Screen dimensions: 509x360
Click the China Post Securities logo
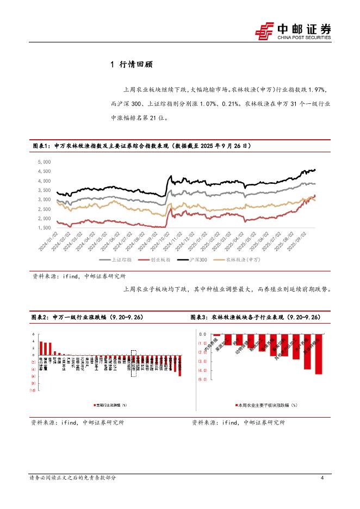(x=293, y=30)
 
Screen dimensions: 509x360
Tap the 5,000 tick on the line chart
(x=45, y=162)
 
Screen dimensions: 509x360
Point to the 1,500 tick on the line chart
(x=45, y=228)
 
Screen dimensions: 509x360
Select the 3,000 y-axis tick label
(x=45, y=200)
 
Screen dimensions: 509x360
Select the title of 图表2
(x=88, y=317)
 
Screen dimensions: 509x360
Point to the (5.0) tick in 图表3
(x=202, y=380)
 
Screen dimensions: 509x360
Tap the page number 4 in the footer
(x=322, y=478)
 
